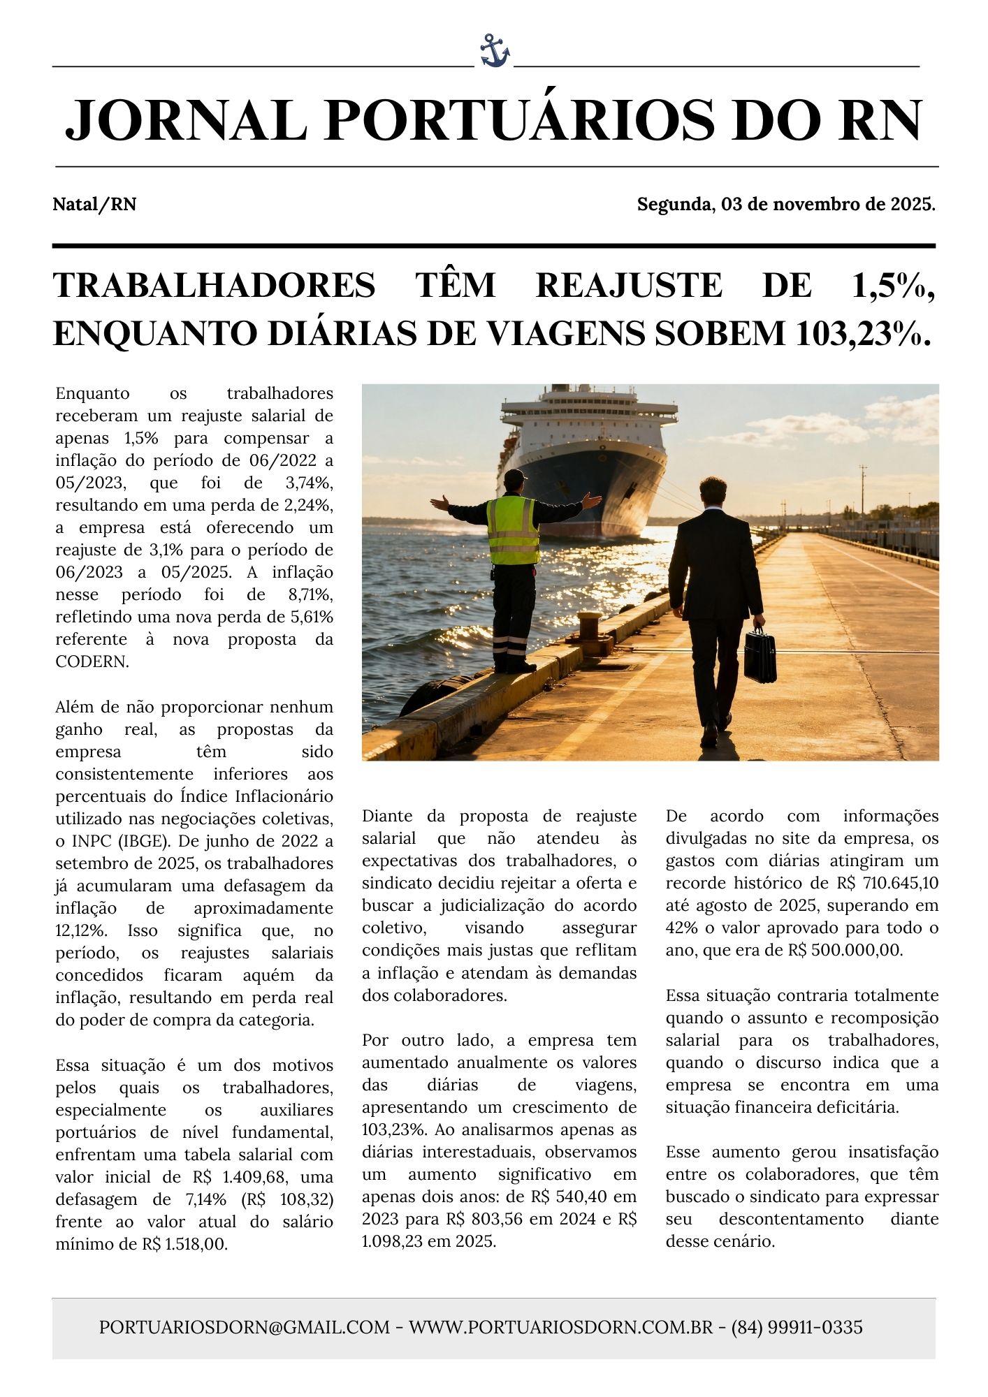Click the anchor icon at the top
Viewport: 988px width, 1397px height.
pos(495,51)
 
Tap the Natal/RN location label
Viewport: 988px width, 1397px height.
pos(94,205)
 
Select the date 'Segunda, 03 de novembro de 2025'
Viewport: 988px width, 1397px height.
pos(785,205)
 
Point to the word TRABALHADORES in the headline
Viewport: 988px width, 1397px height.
pos(215,286)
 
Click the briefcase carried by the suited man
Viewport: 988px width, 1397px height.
pos(760,654)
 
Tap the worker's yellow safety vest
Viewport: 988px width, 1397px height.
pos(513,530)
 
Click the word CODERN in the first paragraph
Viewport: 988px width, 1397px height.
pos(92,661)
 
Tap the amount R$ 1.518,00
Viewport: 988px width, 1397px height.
pos(185,1244)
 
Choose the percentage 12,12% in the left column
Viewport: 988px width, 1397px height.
pos(80,931)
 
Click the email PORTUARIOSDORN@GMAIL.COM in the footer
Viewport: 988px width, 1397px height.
pos(244,1326)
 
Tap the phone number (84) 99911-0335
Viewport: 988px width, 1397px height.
pos(797,1326)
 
